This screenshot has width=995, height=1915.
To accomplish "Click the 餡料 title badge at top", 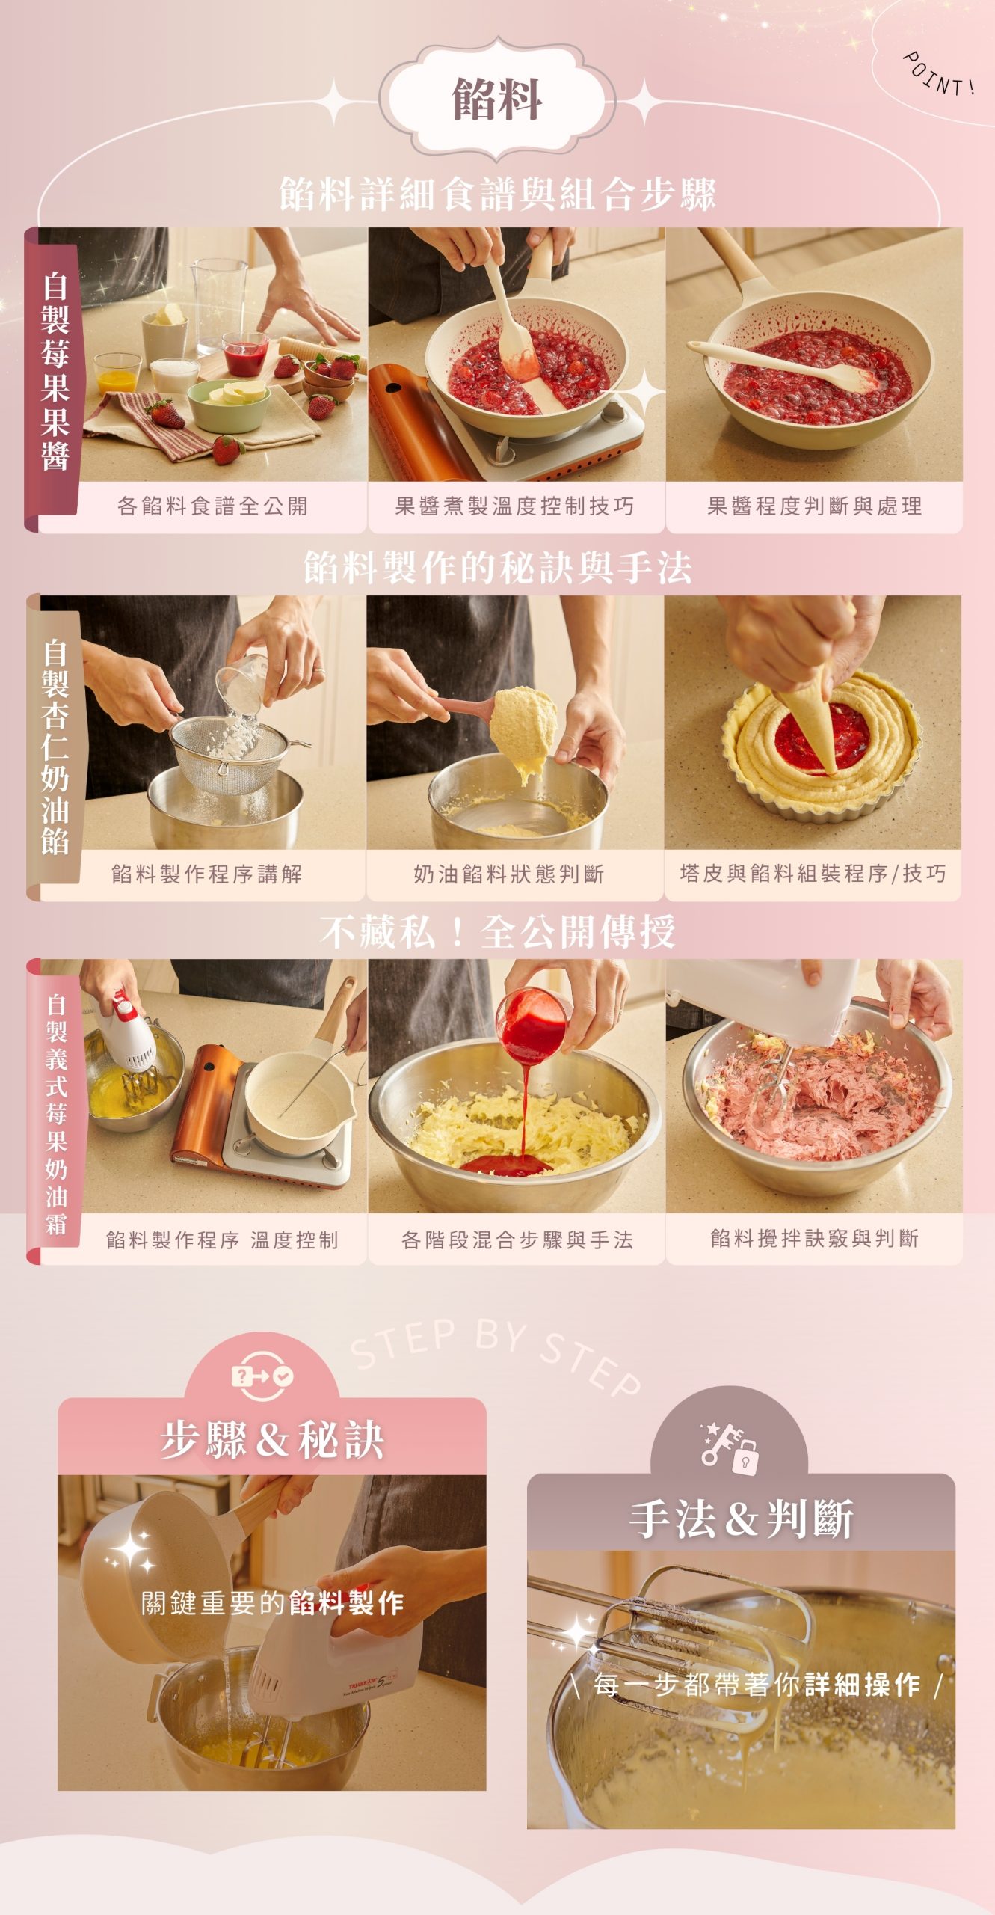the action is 497,99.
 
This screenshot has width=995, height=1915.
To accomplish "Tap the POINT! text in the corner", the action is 939,73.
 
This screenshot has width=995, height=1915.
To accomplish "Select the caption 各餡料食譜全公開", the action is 212,506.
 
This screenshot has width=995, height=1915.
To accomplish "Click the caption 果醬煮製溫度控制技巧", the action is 514,506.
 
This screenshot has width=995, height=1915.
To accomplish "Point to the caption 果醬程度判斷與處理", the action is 814,506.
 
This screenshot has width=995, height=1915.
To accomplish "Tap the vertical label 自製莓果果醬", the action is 55,372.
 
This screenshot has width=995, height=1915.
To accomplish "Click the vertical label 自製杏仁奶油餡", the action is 55,746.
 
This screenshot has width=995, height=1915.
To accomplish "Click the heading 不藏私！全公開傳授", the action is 498,932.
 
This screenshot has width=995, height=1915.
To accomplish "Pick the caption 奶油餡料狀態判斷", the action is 508,874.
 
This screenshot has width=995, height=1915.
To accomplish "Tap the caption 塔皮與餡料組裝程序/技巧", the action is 813,874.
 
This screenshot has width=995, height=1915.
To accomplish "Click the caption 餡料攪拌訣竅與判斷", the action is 814,1239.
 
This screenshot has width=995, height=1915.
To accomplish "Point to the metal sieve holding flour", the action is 228,752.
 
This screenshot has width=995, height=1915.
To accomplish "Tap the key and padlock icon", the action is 729,1448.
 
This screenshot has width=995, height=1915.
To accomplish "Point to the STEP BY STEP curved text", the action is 496,1354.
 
